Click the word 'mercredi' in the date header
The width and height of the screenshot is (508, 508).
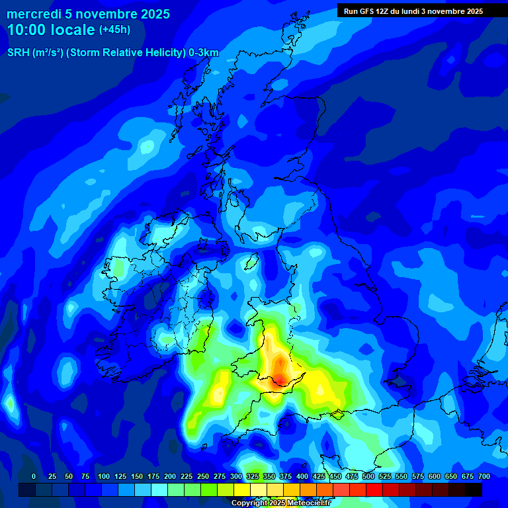pyautogui.click(x=34, y=14)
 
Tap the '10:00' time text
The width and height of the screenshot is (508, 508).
pyautogui.click(x=28, y=30)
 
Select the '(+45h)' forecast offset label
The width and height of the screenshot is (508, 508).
pyautogui.click(x=114, y=30)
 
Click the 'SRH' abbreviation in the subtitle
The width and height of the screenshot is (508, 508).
pyautogui.click(x=18, y=53)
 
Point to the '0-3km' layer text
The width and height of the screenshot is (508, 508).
pyautogui.click(x=203, y=53)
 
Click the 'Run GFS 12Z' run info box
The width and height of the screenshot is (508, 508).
pyautogui.click(x=413, y=11)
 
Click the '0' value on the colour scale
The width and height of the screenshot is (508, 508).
pyautogui.click(x=34, y=476)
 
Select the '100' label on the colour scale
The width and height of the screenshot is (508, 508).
pyautogui.click(x=103, y=476)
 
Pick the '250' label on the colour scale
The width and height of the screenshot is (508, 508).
pyautogui.click(x=203, y=476)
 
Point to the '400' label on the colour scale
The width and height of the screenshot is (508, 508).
pyautogui.click(x=302, y=476)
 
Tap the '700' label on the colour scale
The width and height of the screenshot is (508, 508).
pyautogui.click(x=484, y=476)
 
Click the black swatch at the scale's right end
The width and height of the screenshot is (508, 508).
pyautogui.click(x=474, y=489)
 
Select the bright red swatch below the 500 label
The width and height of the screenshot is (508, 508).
pyautogui.click(x=374, y=489)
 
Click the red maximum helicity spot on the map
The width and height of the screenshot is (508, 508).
pyautogui.click(x=280, y=378)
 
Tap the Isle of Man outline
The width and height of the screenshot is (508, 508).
pyautogui.click(x=251, y=264)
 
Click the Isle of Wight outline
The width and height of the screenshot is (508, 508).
pyautogui.click(x=338, y=415)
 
